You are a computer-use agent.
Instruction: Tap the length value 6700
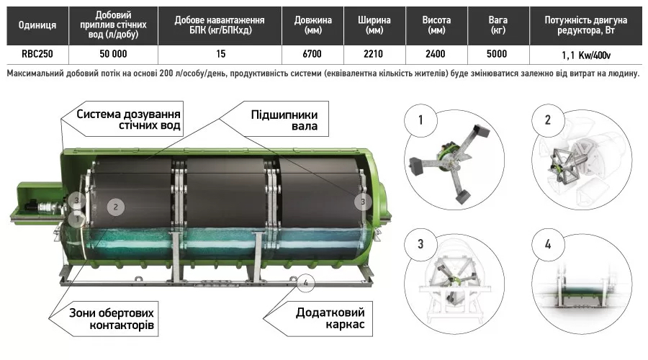click(x=313, y=54)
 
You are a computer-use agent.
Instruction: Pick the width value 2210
click(x=374, y=54)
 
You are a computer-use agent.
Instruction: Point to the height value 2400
click(x=435, y=54)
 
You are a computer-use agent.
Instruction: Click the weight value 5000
click(x=497, y=54)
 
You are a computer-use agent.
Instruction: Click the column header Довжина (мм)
click(x=313, y=25)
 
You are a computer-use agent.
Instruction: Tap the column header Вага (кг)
click(x=497, y=25)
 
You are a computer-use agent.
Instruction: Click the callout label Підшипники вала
click(x=284, y=121)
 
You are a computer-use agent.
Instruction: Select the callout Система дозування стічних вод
click(x=127, y=120)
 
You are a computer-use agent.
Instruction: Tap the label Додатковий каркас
click(x=329, y=319)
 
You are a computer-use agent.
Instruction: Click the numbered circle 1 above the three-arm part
click(x=420, y=119)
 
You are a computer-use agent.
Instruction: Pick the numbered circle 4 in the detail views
click(x=547, y=243)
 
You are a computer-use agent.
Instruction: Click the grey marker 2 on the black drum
click(x=114, y=207)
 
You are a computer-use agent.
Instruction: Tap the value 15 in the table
click(x=220, y=54)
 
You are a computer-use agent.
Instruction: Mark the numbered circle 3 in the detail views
click(x=420, y=243)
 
